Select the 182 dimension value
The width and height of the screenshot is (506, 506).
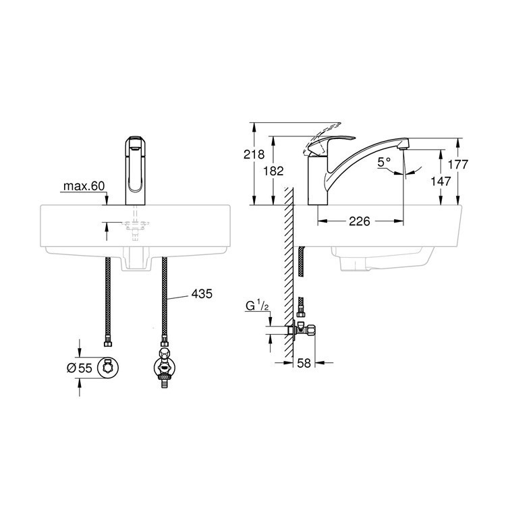[x=274, y=171]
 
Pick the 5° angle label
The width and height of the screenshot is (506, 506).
[x=385, y=162]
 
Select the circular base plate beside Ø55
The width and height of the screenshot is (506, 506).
[x=108, y=367]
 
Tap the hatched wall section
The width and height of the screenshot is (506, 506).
[x=288, y=270]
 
